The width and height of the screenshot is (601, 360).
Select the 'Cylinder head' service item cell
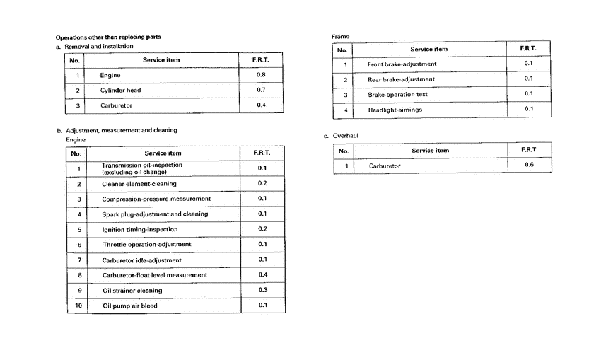[x=121, y=91]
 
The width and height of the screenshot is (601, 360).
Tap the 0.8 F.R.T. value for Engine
[x=261, y=75]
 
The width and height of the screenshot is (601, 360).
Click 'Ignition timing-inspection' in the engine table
[x=139, y=230]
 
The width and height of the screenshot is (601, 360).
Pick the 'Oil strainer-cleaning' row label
[x=132, y=291]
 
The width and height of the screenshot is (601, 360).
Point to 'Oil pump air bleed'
[x=129, y=306]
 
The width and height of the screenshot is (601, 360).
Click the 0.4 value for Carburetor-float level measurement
[x=262, y=275]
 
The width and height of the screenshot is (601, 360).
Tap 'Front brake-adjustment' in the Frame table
[x=402, y=64]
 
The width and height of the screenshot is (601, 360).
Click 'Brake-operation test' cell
[x=397, y=95]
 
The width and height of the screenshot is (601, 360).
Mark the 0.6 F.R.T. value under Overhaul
[x=529, y=166]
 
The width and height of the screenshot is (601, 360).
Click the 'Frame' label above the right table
[x=340, y=37]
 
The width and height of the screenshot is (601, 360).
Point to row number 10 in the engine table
[x=78, y=306]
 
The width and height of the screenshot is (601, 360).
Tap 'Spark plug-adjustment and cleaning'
[x=155, y=214]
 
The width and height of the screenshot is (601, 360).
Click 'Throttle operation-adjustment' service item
[x=146, y=245]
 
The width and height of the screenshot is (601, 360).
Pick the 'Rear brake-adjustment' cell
[x=401, y=79]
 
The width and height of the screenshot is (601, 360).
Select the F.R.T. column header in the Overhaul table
[x=529, y=150]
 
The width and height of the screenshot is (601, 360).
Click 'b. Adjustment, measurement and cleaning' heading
[x=117, y=131]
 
